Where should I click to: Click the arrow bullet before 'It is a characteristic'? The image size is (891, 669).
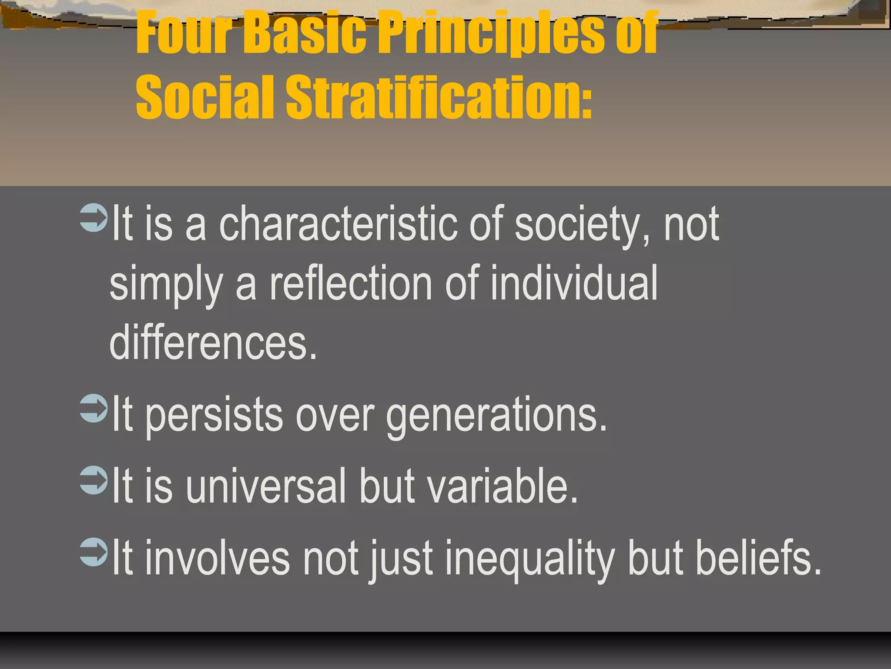pos(94,218)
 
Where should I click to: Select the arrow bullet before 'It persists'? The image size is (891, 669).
pos(94,409)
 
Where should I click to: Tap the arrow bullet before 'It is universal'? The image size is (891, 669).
pos(94,480)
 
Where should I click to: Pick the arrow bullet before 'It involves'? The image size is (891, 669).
pos(94,552)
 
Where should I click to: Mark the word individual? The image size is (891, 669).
pos(574,284)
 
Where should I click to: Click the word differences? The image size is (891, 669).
pos(213,344)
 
